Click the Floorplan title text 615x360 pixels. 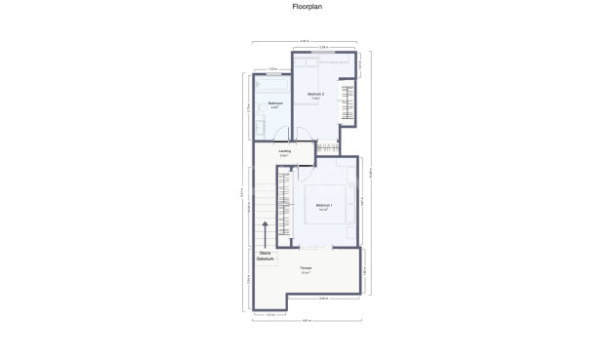click(307, 6)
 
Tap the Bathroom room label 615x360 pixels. click(275, 104)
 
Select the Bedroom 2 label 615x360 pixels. click(316, 96)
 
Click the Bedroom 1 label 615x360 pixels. click(324, 206)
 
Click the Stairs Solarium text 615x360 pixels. click(265, 257)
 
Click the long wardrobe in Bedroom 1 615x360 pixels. click(284, 207)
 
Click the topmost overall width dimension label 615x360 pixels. click(306, 41)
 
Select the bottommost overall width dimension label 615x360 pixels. click(306, 321)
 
